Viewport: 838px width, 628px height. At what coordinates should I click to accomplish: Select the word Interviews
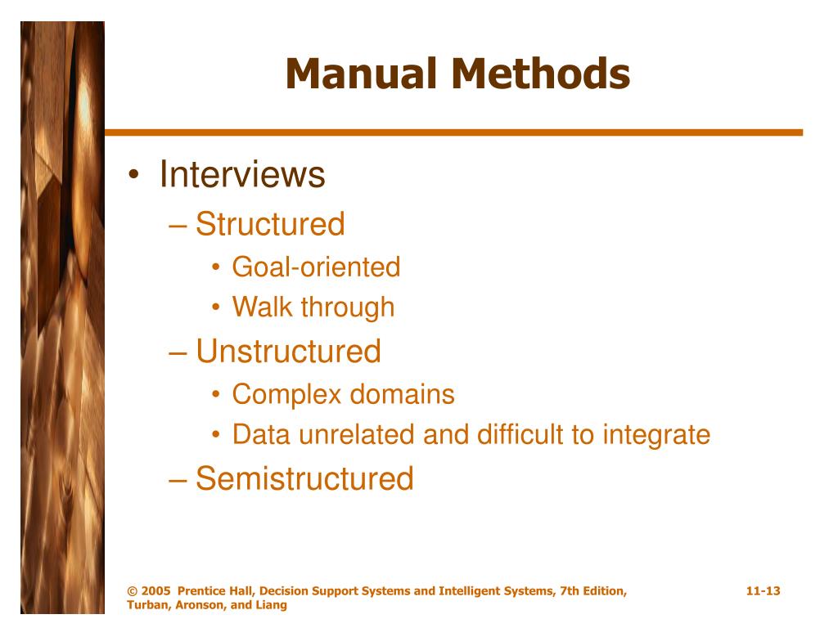pos(242,174)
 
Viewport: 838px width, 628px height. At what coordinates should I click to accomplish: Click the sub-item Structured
pos(270,224)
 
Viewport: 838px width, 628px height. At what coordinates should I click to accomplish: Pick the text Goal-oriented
pos(316,267)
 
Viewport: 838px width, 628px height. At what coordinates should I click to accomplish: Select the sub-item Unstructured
pos(288,352)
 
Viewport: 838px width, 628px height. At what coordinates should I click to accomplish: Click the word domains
pos(403,394)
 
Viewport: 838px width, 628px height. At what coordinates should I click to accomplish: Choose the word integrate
pos(656,435)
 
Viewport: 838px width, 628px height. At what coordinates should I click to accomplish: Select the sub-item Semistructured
pos(304,478)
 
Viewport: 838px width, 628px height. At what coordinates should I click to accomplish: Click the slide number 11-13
pos(763,591)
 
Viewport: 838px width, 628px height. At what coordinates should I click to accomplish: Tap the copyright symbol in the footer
pos(132,591)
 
